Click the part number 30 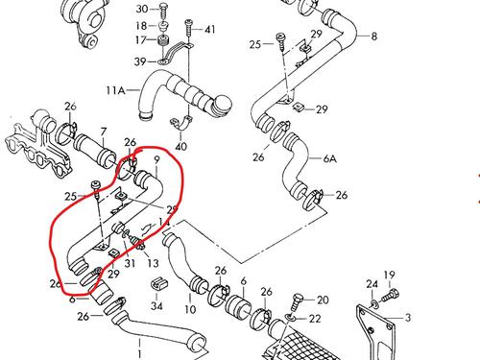142,8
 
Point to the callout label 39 140,61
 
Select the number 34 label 157,307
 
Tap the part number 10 190,311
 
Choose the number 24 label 372,283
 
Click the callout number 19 390,276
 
